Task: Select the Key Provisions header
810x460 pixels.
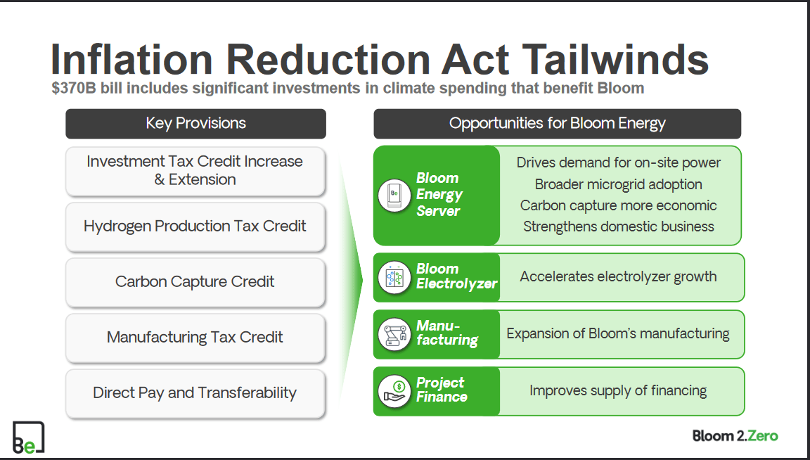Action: [x=195, y=123]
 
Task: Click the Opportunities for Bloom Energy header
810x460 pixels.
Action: [x=557, y=123]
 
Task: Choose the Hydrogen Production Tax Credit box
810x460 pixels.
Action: [x=195, y=226]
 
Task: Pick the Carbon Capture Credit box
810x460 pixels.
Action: [x=195, y=282]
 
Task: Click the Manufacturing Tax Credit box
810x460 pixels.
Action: [x=195, y=338]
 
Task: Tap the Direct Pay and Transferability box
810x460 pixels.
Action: [x=195, y=393]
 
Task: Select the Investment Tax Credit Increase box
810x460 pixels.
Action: [x=195, y=171]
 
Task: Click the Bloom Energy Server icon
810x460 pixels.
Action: [x=394, y=195]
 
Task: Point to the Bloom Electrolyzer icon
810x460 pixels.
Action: [x=394, y=277]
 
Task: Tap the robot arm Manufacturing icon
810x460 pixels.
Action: [x=394, y=334]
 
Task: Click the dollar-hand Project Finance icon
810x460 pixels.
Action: [x=394, y=391]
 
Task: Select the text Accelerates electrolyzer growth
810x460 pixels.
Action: [x=618, y=277]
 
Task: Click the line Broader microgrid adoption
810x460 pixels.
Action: [x=618, y=184]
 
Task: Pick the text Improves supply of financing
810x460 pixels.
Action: [x=618, y=391]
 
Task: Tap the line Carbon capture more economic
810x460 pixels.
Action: [x=618, y=205]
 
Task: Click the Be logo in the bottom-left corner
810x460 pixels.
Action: [x=28, y=437]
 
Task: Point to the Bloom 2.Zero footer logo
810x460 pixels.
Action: [x=735, y=436]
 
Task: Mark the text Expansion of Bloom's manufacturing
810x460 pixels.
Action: [x=618, y=334]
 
